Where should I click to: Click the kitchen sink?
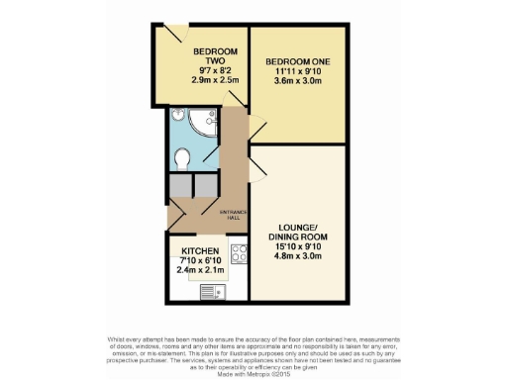click(x=211, y=291)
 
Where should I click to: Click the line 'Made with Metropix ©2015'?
click(x=253, y=371)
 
